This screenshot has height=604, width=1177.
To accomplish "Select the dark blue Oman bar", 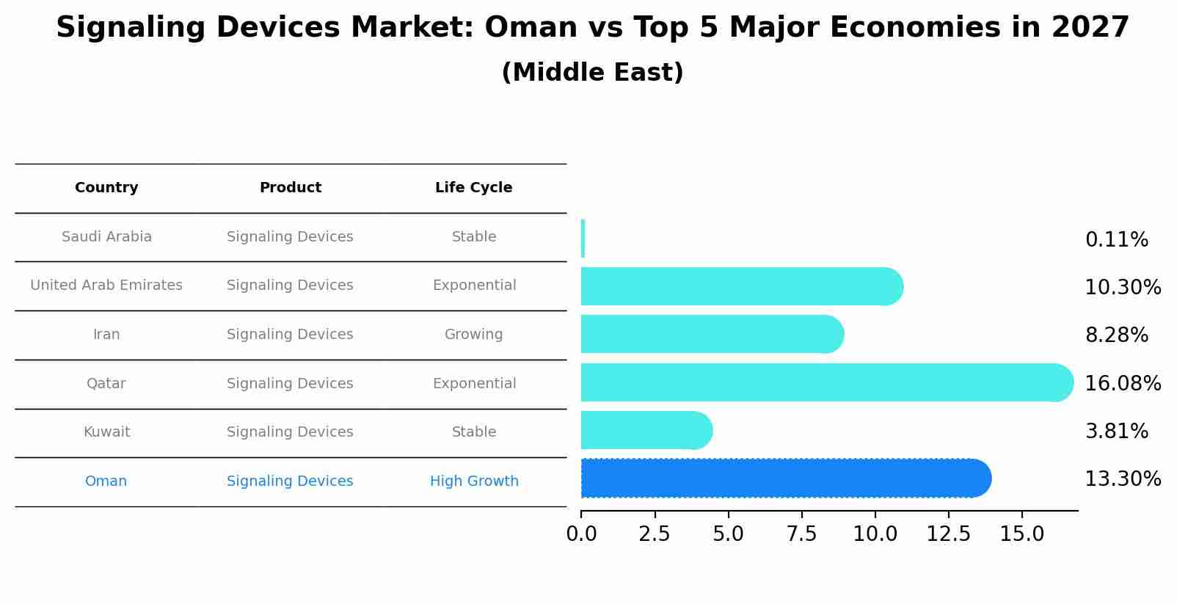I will pyautogui.click(x=785, y=479).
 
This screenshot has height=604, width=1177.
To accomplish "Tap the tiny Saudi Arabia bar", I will pyautogui.click(x=583, y=239).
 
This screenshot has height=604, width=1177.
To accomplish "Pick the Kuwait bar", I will pyautogui.click(x=646, y=430).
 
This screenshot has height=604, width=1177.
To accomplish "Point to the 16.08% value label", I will pyautogui.click(x=1122, y=384).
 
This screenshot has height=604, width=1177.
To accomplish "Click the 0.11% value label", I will pyautogui.click(x=1116, y=240).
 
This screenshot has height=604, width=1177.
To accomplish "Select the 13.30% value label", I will pyautogui.click(x=1122, y=479).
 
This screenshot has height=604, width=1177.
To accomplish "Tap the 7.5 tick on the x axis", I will pyautogui.click(x=801, y=534).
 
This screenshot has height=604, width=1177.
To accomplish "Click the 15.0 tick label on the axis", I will pyautogui.click(x=1021, y=534).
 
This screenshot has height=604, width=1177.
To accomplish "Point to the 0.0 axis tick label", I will pyautogui.click(x=581, y=534).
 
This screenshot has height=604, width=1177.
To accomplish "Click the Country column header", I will pyautogui.click(x=106, y=188).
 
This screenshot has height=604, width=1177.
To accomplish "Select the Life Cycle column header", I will pyautogui.click(x=473, y=188).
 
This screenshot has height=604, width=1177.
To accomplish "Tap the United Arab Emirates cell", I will pyautogui.click(x=106, y=285).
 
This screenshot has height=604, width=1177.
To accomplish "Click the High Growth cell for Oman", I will pyautogui.click(x=474, y=481).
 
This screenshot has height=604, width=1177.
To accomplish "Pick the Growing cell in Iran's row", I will pyautogui.click(x=473, y=335).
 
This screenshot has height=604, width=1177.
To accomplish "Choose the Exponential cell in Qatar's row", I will pyautogui.click(x=474, y=384).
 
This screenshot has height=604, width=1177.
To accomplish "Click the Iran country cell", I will pyautogui.click(x=106, y=335).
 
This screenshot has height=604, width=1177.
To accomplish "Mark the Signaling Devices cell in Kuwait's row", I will pyautogui.click(x=290, y=432).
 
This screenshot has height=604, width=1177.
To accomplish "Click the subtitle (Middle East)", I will pyautogui.click(x=592, y=73).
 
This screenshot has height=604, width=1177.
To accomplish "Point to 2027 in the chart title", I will pyautogui.click(x=1090, y=28).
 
